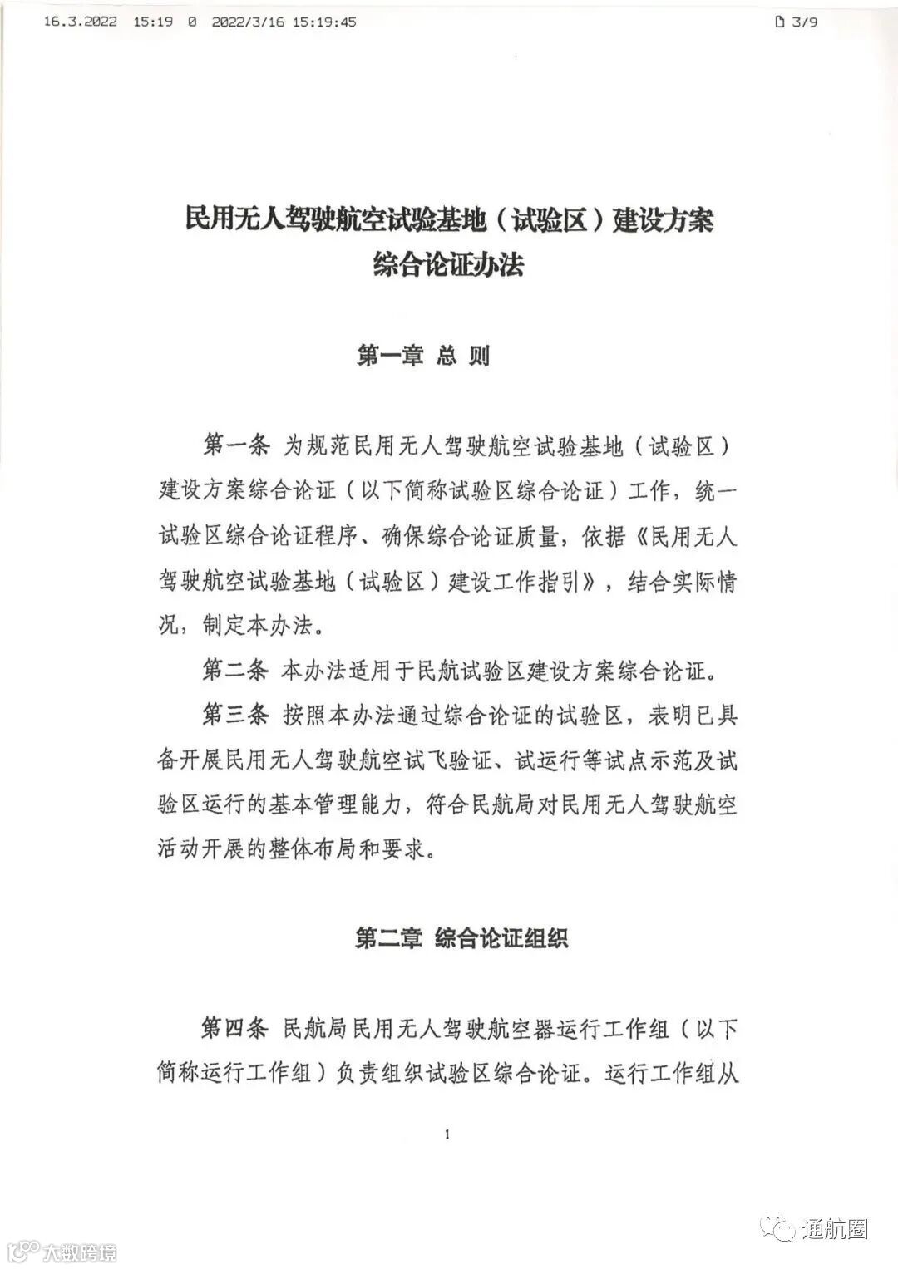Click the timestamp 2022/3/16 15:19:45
coord(284,22)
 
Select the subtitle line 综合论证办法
coord(448,266)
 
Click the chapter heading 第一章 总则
coord(423,357)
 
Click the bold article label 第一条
coord(236,445)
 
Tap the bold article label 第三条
coord(236,714)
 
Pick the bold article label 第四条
coord(236,1029)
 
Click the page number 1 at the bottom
coord(448,1135)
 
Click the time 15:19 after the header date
coord(153,22)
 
